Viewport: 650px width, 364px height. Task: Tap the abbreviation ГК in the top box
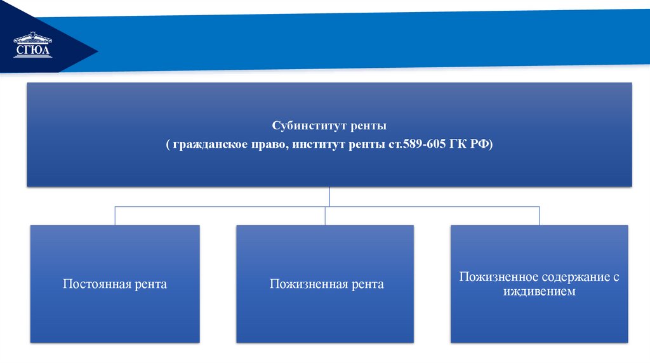[458, 145]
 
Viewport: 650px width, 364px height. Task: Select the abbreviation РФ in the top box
[480, 145]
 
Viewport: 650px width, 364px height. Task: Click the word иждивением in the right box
[540, 292]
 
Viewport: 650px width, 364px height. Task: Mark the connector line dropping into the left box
[115, 216]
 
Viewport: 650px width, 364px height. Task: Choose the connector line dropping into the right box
[539, 216]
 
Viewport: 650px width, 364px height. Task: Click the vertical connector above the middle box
[325, 216]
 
